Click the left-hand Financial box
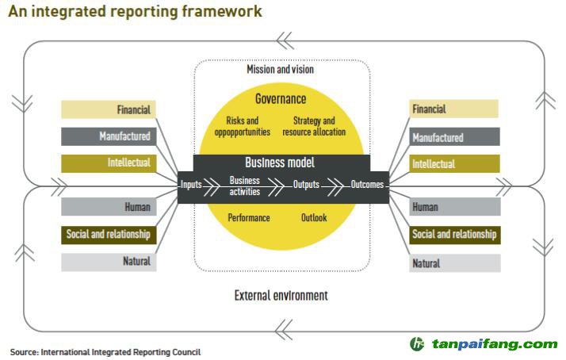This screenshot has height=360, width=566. point(107,109)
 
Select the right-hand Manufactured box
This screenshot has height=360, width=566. point(455,137)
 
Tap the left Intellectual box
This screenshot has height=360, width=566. point(107,163)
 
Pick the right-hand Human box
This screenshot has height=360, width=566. point(455,207)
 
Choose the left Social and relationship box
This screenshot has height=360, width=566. point(107,235)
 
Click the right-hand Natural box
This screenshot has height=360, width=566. point(455,263)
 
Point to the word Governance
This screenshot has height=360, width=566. point(281,99)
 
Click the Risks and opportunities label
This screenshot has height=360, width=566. point(243,126)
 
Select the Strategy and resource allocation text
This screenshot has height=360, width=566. point(314,126)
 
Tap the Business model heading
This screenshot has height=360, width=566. point(280,163)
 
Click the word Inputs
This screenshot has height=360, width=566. point(191,186)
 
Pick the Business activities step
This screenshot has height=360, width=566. point(245,186)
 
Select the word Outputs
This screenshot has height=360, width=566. point(306,186)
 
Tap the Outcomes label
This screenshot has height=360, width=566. point(367,186)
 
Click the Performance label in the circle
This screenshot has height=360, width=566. point(249,217)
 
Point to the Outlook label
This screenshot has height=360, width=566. point(314,217)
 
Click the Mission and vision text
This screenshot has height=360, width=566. point(281,70)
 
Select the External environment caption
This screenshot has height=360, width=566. point(281,295)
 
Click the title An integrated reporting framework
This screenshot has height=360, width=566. point(135,12)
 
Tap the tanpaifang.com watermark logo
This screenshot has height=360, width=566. point(484,344)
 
